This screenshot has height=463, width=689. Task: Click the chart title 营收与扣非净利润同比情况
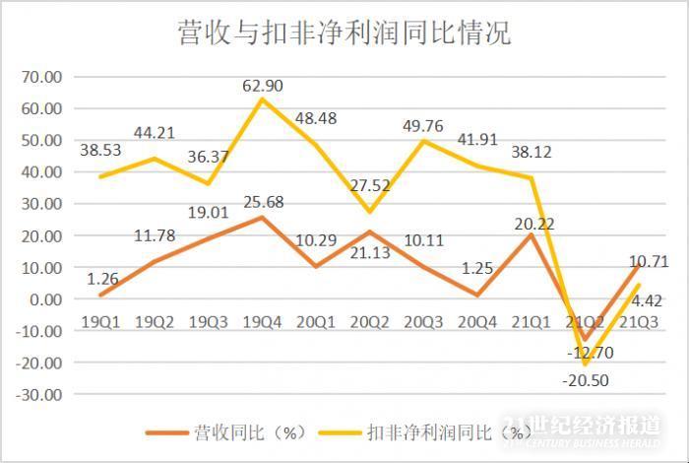pos(344,33)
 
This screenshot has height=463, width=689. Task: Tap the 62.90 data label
pos(263,86)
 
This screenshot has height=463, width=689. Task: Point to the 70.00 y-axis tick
pos(41,77)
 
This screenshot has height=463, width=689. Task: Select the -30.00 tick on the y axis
pos(39,394)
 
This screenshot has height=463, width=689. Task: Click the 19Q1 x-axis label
pos(100,322)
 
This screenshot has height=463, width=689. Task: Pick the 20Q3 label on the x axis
pos(423,322)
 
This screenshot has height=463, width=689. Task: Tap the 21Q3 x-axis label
pos(639,322)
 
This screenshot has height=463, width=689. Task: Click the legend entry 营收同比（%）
pos(226,432)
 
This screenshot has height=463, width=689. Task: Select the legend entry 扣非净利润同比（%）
pos(422,432)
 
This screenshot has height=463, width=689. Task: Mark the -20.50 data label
pos(586,380)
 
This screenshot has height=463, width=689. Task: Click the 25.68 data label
pos(263,202)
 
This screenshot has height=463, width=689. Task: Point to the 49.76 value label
pos(423,126)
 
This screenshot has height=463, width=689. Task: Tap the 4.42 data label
pos(647,300)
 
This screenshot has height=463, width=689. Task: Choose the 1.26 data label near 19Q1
pos(102,279)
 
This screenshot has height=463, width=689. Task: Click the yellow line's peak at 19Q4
pos(262,99)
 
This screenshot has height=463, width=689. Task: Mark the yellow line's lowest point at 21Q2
pos(585,364)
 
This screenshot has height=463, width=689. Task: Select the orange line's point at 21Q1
pos(531,235)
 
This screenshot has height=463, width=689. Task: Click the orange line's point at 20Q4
pos(477,295)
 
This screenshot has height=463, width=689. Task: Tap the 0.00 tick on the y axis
pos(45,299)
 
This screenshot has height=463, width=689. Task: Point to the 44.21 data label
pos(155,133)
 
